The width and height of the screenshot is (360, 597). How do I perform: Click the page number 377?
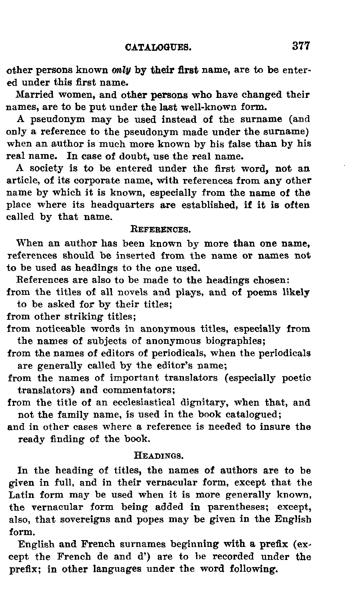click(x=301, y=46)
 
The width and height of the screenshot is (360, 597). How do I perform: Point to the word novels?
click(x=122, y=292)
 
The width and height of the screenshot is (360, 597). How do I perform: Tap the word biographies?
click(x=235, y=341)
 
